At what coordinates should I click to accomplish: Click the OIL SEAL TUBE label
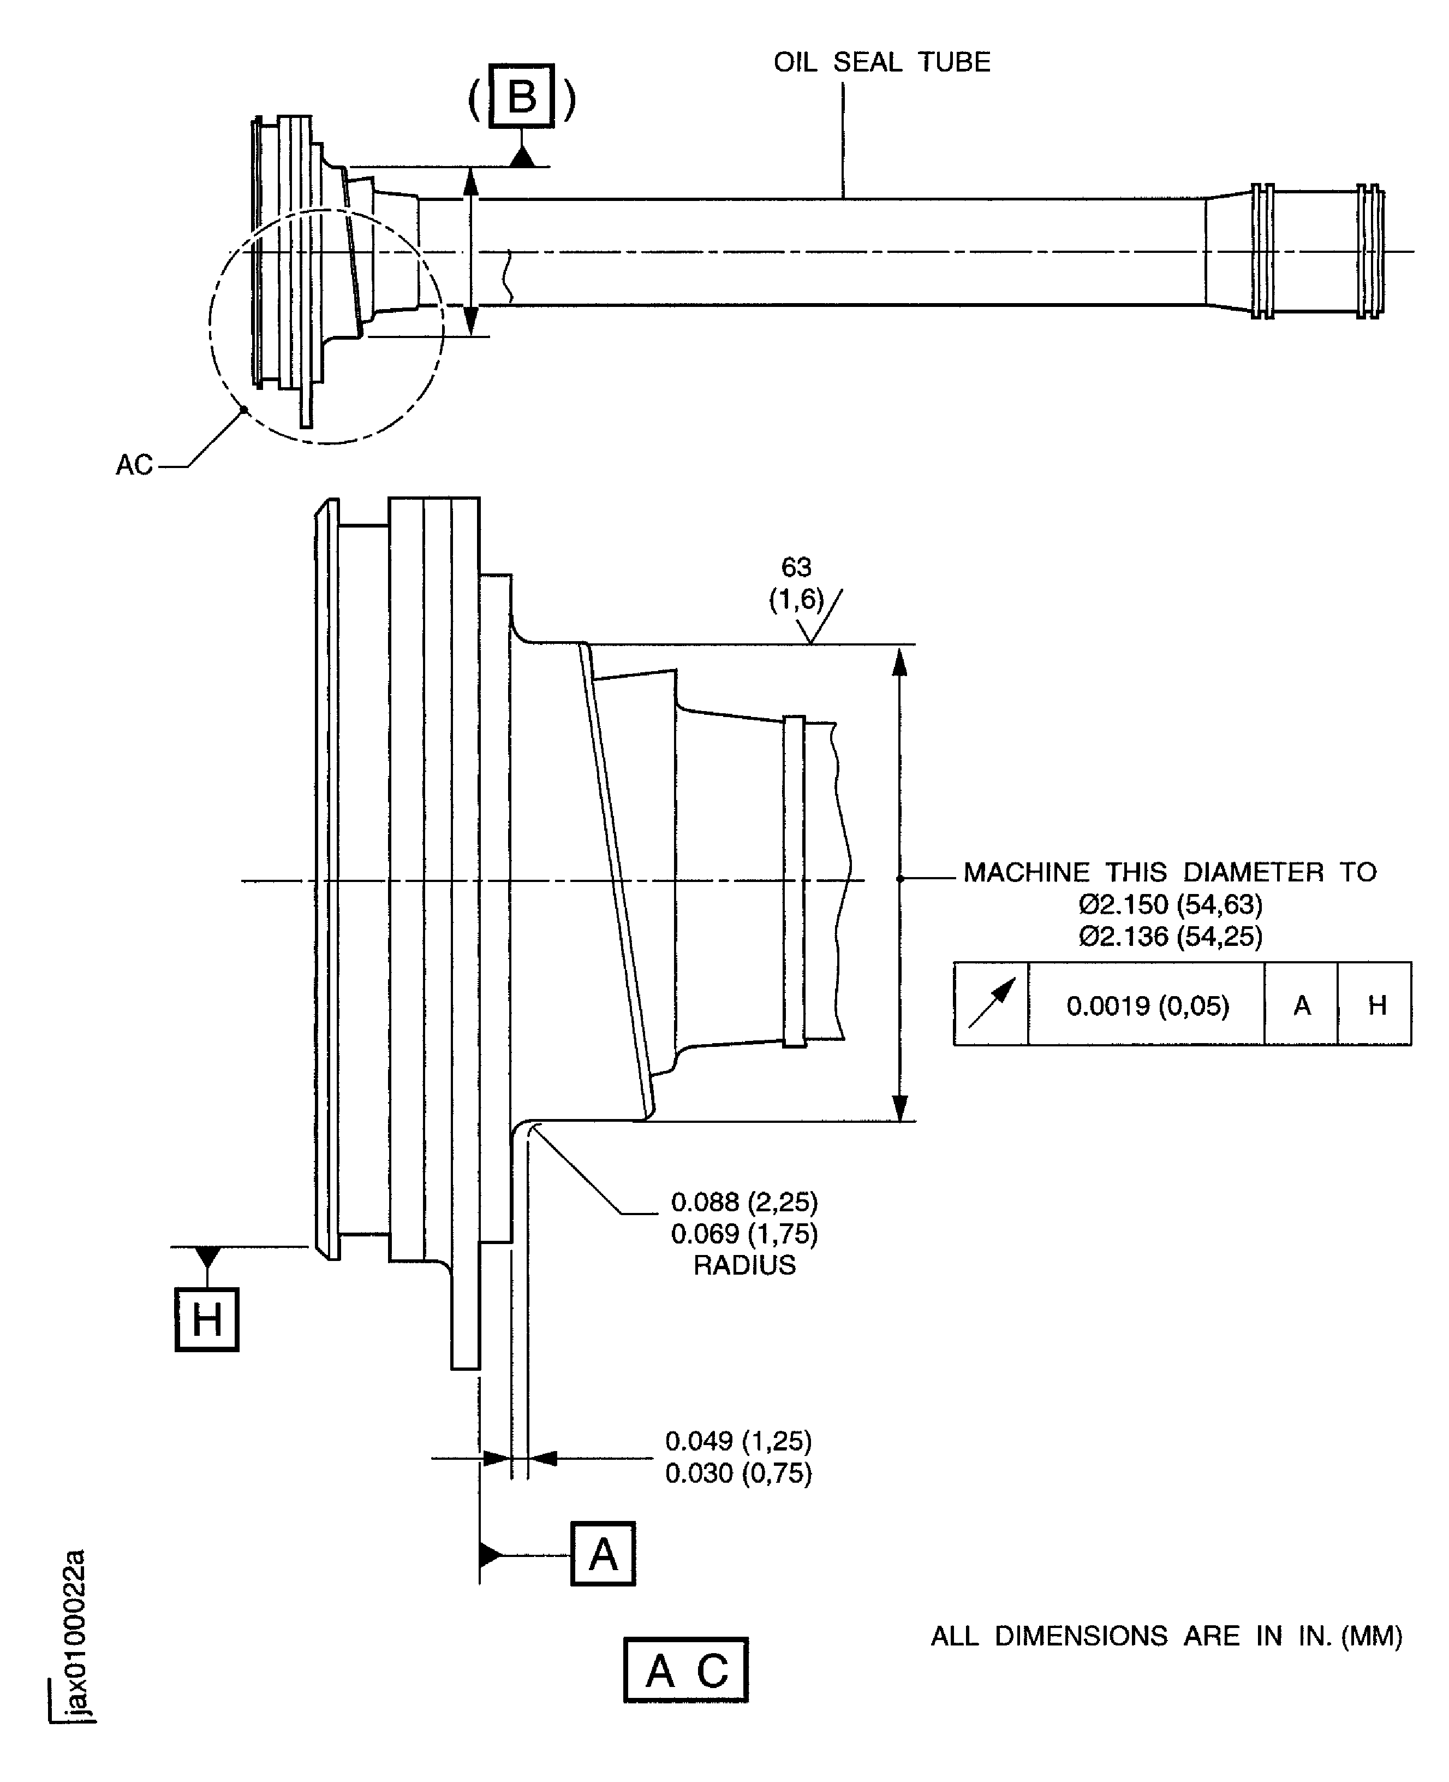[x=881, y=62]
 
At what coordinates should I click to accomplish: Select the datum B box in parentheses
[x=522, y=96]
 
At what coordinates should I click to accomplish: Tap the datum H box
[x=206, y=1319]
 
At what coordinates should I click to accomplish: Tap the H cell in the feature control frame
[x=1375, y=1004]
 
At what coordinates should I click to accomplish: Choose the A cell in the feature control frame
[x=1301, y=1004]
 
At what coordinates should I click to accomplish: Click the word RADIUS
[x=744, y=1265]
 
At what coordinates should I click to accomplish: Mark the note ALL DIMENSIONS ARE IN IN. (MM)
[x=1166, y=1636]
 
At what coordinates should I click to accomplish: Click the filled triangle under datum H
[x=207, y=1256]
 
